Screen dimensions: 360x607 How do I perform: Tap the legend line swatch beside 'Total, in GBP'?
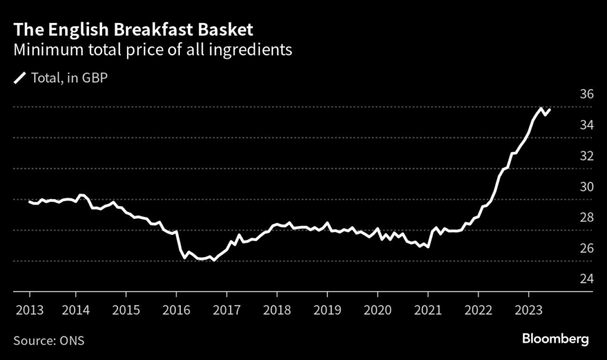click(x=20, y=77)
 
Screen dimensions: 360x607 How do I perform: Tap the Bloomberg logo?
click(x=555, y=339)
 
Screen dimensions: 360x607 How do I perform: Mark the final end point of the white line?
click(x=550, y=110)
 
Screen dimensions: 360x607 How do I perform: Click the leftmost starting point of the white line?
click(x=30, y=202)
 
